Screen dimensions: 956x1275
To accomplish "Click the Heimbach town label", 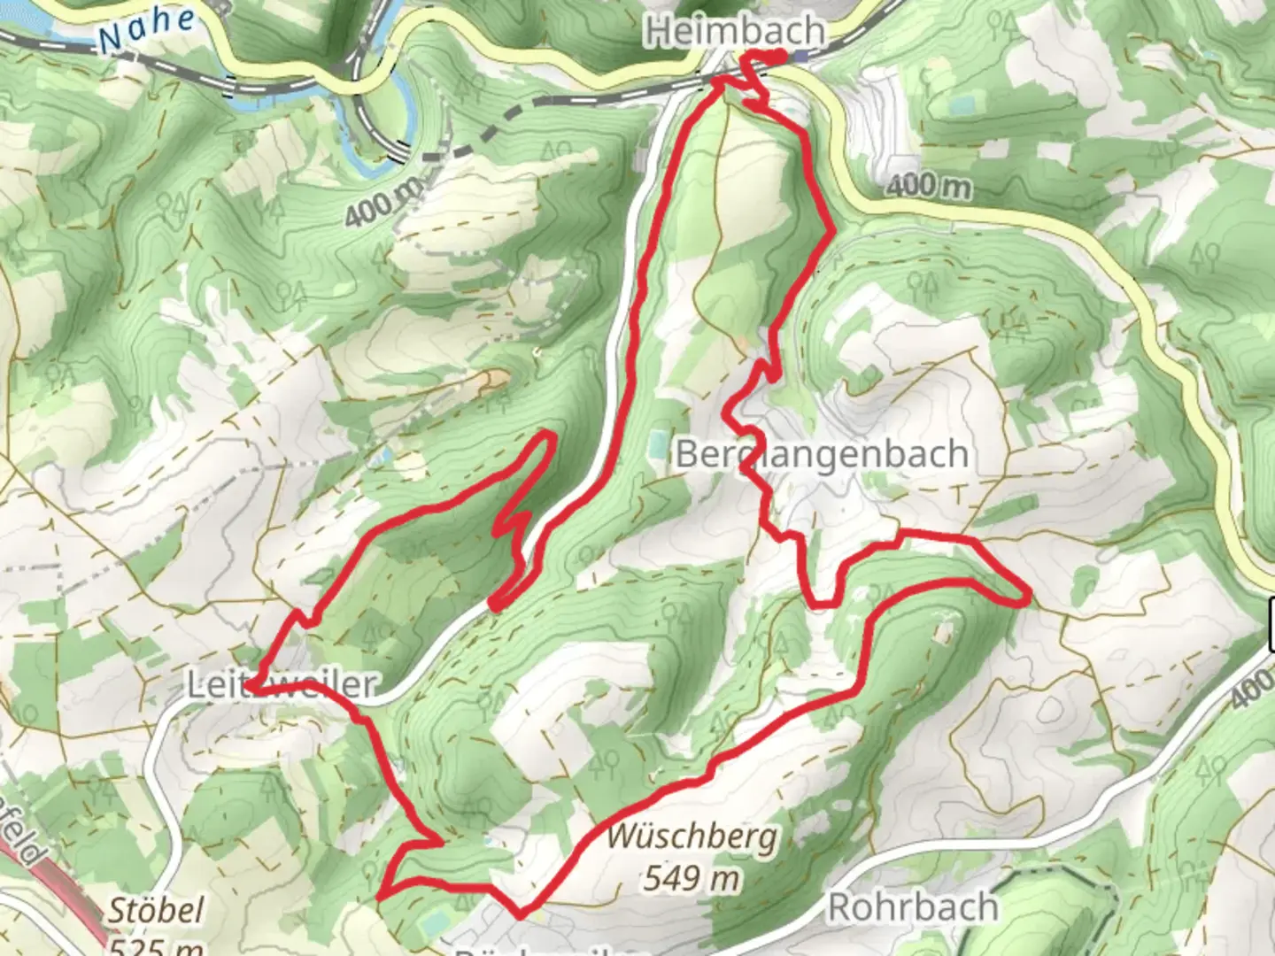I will tap(735, 32).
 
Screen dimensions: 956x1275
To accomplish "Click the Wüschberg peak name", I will tap(692, 836).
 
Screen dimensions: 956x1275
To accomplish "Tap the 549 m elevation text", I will tap(691, 878).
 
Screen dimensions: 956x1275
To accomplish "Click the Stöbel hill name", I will tap(143, 910).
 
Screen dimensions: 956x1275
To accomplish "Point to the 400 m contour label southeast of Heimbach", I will tap(926, 186).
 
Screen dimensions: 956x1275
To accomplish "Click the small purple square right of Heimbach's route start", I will tap(800, 57).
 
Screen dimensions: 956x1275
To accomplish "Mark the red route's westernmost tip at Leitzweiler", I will tap(251, 685).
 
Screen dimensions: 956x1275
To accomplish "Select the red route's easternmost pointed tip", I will tap(1028, 599).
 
